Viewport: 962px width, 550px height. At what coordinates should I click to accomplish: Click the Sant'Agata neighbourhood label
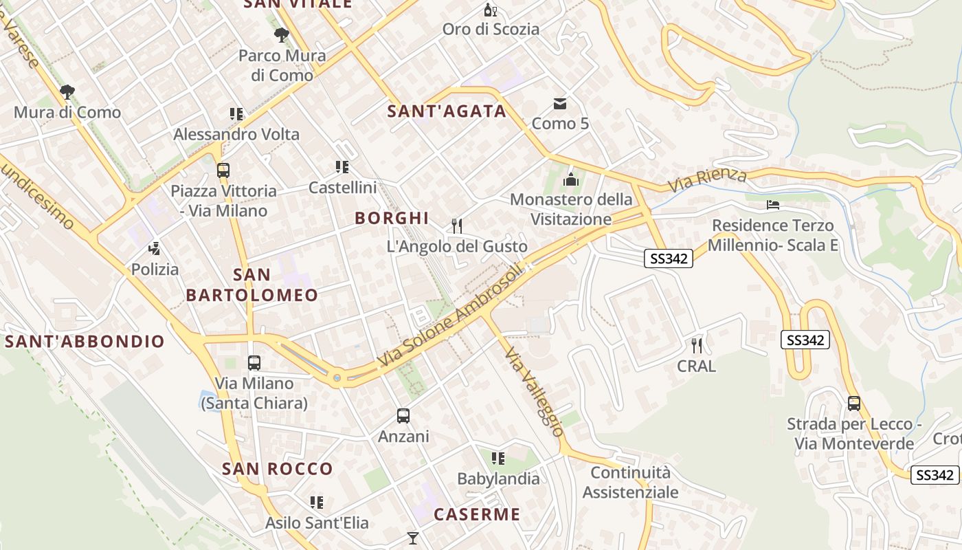click(447, 111)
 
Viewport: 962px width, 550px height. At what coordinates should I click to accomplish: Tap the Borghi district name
click(392, 218)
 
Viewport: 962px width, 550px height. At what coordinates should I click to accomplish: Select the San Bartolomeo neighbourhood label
click(252, 285)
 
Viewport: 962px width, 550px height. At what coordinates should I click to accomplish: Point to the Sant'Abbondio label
click(85, 341)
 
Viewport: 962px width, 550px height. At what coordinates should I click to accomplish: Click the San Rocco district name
click(278, 469)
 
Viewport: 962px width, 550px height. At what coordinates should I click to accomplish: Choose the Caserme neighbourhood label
click(477, 514)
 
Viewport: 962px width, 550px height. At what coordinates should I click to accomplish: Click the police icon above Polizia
click(155, 249)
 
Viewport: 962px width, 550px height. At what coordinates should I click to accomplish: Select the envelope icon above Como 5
click(560, 104)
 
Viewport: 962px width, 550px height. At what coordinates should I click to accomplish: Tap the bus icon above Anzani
click(403, 415)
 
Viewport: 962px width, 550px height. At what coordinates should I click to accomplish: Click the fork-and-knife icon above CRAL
click(697, 345)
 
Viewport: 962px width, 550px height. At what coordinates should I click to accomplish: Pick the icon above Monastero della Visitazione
click(571, 179)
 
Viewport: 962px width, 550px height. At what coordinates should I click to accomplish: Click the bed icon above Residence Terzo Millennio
click(773, 205)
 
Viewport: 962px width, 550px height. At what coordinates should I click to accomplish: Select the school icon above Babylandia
click(498, 458)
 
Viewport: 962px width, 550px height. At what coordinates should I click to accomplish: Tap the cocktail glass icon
click(412, 538)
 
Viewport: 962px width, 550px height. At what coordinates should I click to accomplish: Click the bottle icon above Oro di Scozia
click(490, 10)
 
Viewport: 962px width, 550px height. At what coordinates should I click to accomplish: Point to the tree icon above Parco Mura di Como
click(281, 34)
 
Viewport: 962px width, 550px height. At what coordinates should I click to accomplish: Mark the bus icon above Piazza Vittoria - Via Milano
click(223, 170)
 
